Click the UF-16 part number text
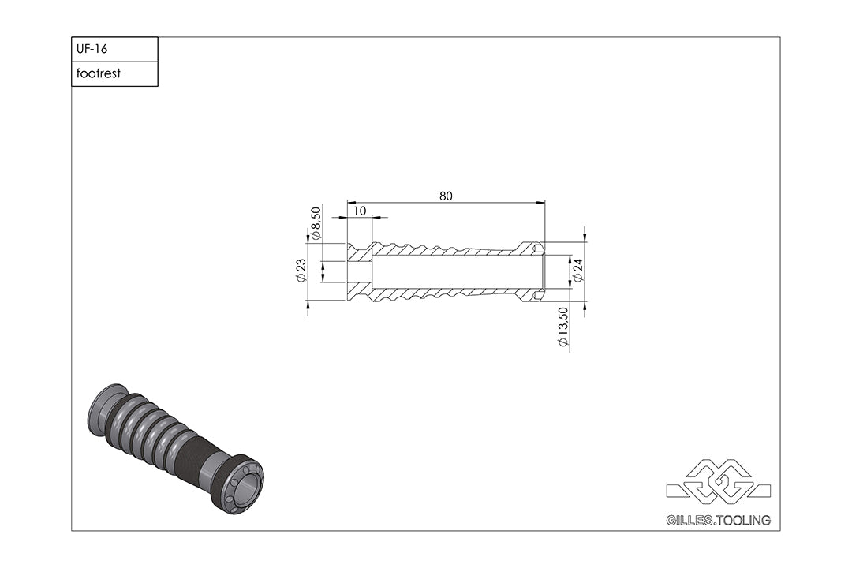coord(92,49)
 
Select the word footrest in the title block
coord(99,73)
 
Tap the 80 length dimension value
coord(446,196)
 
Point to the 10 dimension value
coord(360,211)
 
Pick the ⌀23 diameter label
coord(301,270)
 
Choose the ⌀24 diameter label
coord(577,270)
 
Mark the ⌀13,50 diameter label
coord(563,327)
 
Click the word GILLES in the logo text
coord(689,520)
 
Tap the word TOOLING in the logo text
coord(744,520)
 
